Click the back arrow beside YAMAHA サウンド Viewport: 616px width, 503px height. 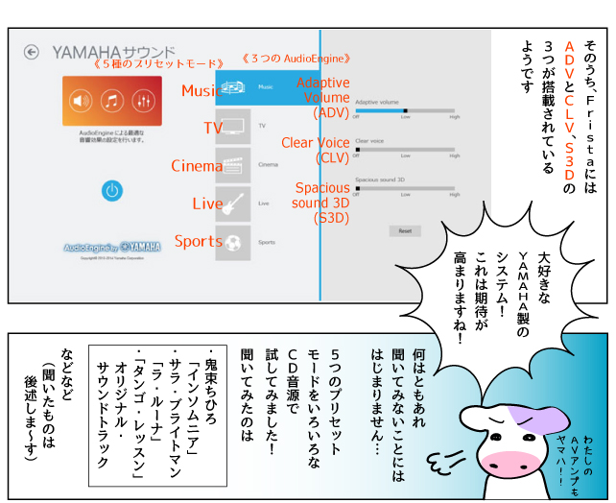32,52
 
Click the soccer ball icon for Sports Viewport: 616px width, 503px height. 233,242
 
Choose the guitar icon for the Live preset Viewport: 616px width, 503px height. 233,203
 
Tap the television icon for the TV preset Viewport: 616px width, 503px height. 233,126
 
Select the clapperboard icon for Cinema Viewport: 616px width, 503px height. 233,165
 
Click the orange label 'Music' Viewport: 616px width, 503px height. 201,91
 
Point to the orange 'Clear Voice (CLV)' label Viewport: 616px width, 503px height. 316,151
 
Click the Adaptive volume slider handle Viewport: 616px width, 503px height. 405,110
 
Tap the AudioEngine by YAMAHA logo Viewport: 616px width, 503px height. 111,247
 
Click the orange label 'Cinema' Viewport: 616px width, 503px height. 197,166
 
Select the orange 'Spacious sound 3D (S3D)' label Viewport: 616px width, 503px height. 321,203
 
